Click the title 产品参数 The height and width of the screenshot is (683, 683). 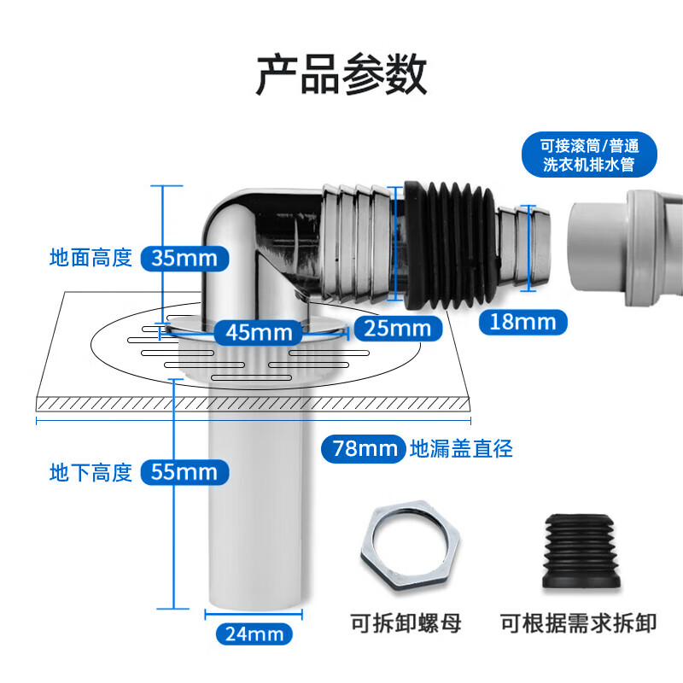(x=341, y=75)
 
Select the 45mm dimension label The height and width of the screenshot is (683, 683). (x=258, y=330)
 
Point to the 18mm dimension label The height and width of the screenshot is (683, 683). (x=522, y=321)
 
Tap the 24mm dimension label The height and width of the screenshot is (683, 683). (x=254, y=633)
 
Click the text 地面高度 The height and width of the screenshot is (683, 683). (x=91, y=257)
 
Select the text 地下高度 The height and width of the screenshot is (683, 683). (x=91, y=471)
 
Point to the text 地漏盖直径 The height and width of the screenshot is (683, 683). (x=462, y=447)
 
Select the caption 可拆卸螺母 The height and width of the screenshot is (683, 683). (x=406, y=623)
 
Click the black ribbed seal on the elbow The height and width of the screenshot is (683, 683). (x=447, y=244)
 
